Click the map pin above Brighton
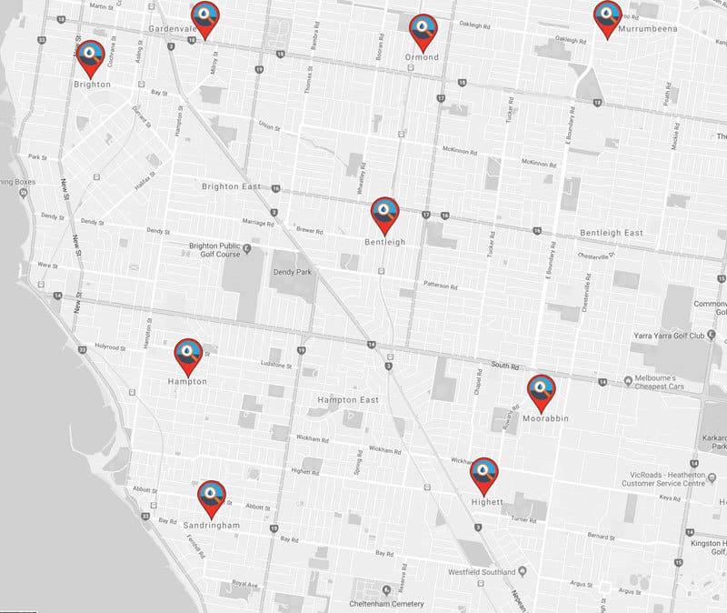[x=91, y=56]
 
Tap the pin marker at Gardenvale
[x=204, y=17]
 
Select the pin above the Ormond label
[x=422, y=29]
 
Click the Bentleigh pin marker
[x=384, y=214]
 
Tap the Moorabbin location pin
[x=542, y=389]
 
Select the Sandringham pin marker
[x=212, y=497]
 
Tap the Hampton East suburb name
[x=347, y=400]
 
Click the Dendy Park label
[x=293, y=270]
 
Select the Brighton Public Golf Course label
[x=214, y=250]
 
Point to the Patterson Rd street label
[x=440, y=284]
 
